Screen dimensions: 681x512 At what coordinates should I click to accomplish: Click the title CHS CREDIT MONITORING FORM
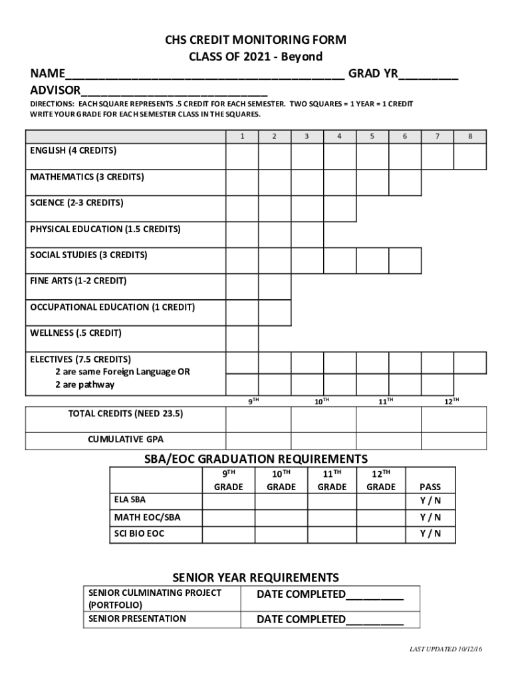coord(256,41)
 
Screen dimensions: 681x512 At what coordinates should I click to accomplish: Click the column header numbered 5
coord(372,136)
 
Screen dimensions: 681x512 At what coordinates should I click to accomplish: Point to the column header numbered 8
coord(470,136)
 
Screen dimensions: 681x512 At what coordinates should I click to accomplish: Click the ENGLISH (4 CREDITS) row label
coord(73,151)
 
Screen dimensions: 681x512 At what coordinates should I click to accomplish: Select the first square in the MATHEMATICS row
coord(241,183)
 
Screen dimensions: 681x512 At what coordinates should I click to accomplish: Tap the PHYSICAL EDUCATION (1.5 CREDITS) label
coord(105,229)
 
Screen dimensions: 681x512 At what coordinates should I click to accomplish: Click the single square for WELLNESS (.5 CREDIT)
coord(241,339)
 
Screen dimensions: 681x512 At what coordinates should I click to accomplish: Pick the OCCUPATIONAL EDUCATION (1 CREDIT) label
coord(112,307)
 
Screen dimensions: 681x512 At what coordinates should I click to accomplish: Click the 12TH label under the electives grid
coord(452,401)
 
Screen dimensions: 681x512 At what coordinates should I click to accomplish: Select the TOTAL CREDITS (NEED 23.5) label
coord(126,414)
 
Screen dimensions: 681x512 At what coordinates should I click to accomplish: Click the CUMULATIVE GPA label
coord(126,440)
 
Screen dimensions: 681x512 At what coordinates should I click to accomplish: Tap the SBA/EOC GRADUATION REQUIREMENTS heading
coord(256,459)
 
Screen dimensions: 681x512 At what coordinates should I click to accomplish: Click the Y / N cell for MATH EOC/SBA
coord(430,517)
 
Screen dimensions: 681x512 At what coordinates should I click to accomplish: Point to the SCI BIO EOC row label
coord(139,534)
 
